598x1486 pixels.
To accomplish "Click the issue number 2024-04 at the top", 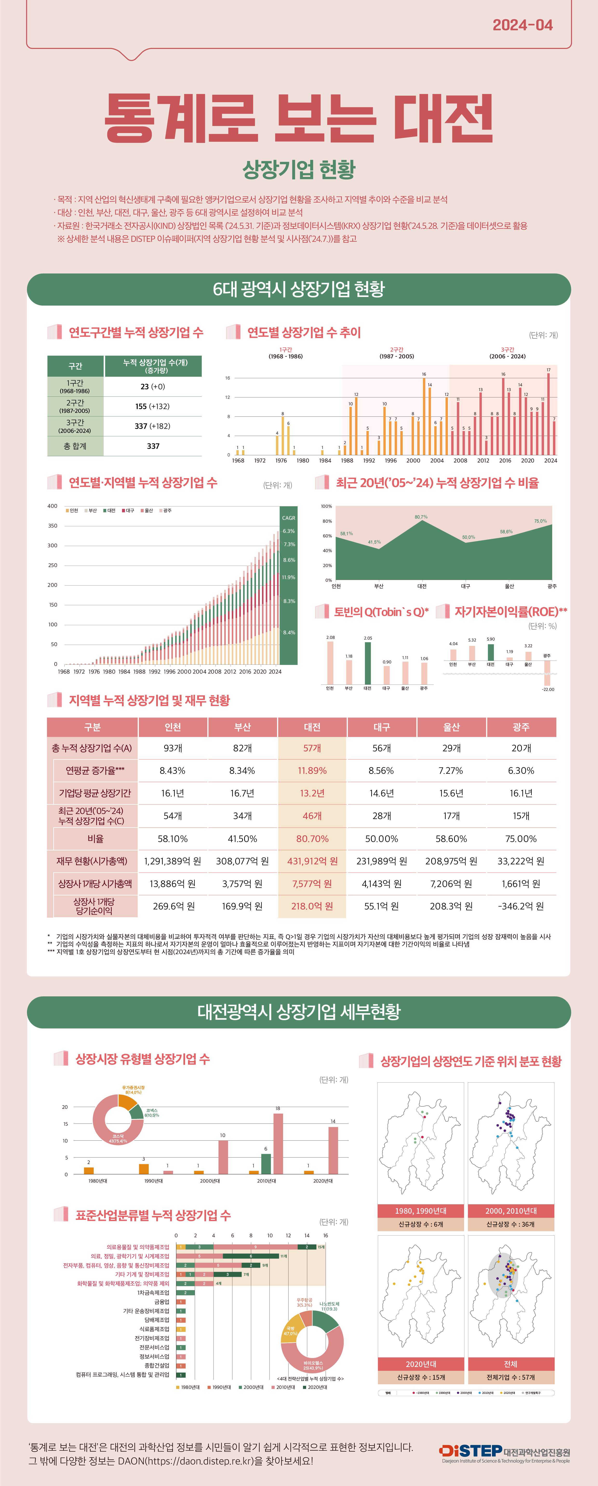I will [522, 25].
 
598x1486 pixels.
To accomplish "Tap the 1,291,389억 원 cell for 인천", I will [173, 861].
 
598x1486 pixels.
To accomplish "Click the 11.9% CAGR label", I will [289, 577].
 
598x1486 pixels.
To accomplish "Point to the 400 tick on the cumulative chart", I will [53, 506].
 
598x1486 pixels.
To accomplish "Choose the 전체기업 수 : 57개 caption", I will [510, 1377].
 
